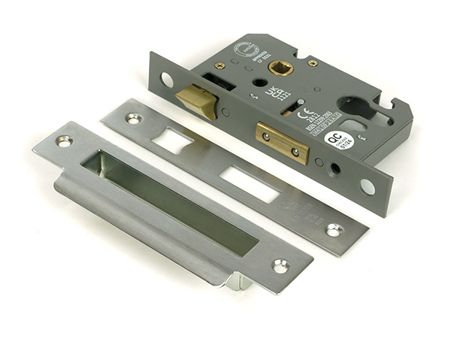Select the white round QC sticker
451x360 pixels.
[337, 138]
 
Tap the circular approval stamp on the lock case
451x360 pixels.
[246, 50]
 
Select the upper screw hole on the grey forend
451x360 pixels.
[166, 79]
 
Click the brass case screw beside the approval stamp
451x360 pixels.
[220, 65]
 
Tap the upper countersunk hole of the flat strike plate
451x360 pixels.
[133, 118]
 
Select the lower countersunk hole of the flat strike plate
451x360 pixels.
[334, 229]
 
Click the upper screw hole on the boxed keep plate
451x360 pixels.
[64, 141]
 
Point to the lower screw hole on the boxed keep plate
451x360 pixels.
[280, 265]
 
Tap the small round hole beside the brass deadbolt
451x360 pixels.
[319, 162]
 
